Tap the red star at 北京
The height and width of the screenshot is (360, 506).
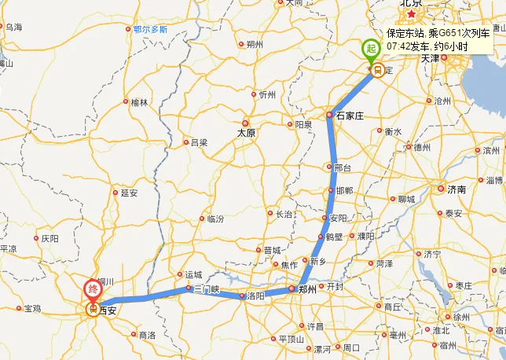point(410,13)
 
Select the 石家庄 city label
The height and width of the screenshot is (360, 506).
point(350,116)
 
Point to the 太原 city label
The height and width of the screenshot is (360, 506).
point(247,133)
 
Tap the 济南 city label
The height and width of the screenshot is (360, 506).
point(456,189)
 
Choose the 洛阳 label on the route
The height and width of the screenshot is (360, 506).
point(255,296)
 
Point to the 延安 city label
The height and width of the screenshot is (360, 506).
point(129,192)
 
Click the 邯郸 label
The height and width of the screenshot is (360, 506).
point(345,191)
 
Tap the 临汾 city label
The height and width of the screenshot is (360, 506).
point(215,219)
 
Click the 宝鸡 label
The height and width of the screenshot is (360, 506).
point(33,308)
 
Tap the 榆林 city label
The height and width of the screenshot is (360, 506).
point(139,102)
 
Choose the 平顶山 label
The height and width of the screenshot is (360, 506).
point(292,339)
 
